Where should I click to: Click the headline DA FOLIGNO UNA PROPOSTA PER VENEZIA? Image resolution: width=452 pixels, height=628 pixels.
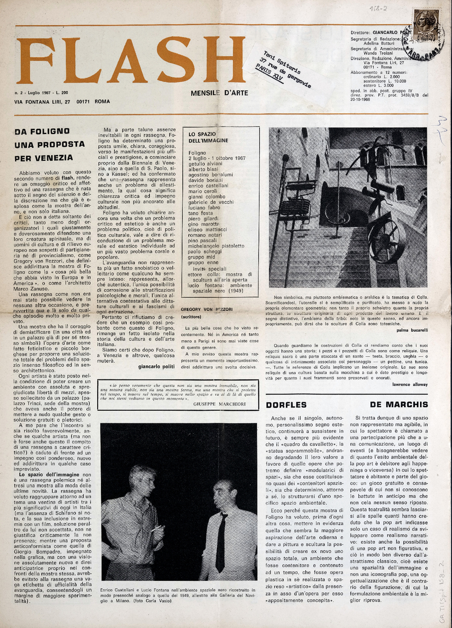(50, 144)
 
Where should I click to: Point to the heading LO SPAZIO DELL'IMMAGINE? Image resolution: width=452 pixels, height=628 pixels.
(208, 138)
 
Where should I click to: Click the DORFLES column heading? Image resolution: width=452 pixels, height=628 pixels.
(286, 405)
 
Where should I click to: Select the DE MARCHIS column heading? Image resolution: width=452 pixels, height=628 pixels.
(399, 405)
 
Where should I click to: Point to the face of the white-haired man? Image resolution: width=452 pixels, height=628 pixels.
(143, 477)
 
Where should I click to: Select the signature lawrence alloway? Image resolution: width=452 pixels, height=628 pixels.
(410, 385)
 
